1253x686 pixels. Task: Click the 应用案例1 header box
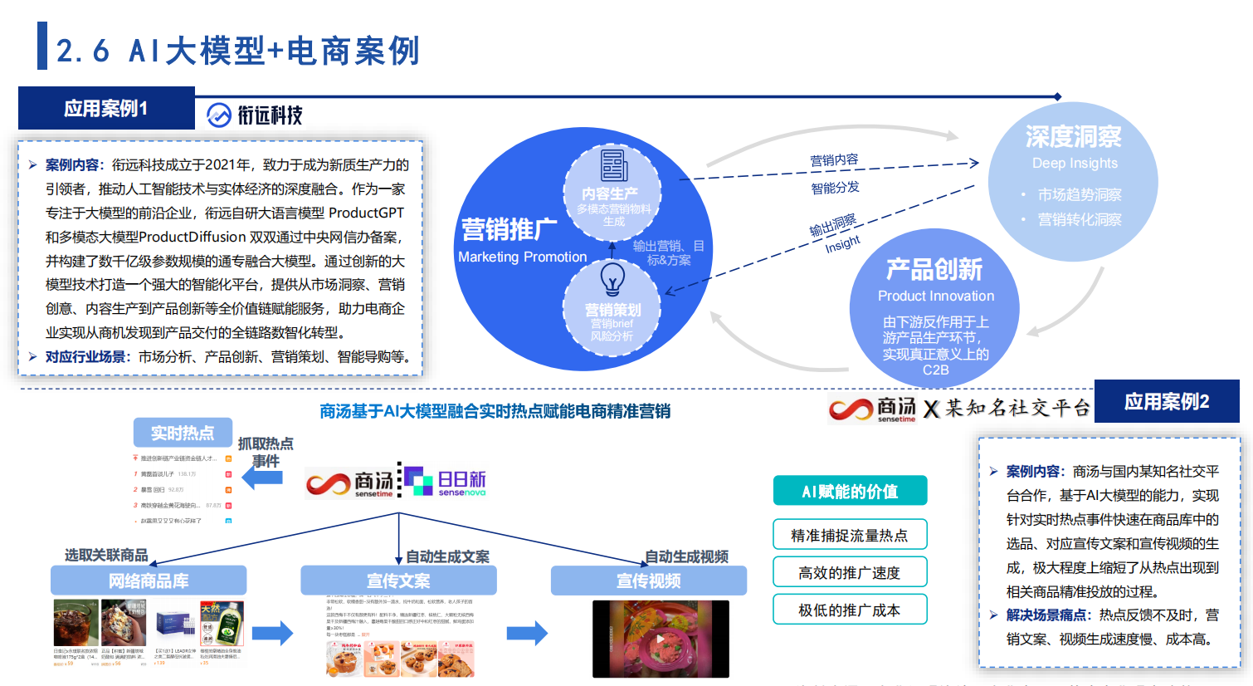click(x=106, y=108)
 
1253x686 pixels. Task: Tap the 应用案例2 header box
click(x=1166, y=402)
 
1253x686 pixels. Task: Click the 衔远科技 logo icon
click(x=219, y=115)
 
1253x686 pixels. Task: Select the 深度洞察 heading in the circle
click(x=1073, y=136)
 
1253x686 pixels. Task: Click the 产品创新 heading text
click(x=934, y=269)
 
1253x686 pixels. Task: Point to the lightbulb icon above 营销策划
click(x=612, y=279)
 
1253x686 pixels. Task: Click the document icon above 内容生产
click(x=614, y=165)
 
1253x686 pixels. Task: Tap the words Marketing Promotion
click(x=522, y=257)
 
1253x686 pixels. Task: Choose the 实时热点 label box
click(x=183, y=433)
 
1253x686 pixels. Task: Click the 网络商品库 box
click(x=149, y=581)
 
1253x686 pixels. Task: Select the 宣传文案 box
click(x=398, y=581)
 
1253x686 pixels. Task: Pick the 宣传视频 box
click(x=648, y=581)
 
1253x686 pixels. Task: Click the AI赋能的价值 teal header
click(x=850, y=491)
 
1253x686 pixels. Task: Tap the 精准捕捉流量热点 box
click(x=850, y=535)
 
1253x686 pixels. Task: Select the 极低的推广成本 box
click(x=850, y=610)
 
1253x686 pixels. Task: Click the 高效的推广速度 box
click(x=850, y=572)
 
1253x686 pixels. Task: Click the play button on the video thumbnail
click(x=660, y=639)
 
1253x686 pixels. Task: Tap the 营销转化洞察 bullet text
click(x=1079, y=220)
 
